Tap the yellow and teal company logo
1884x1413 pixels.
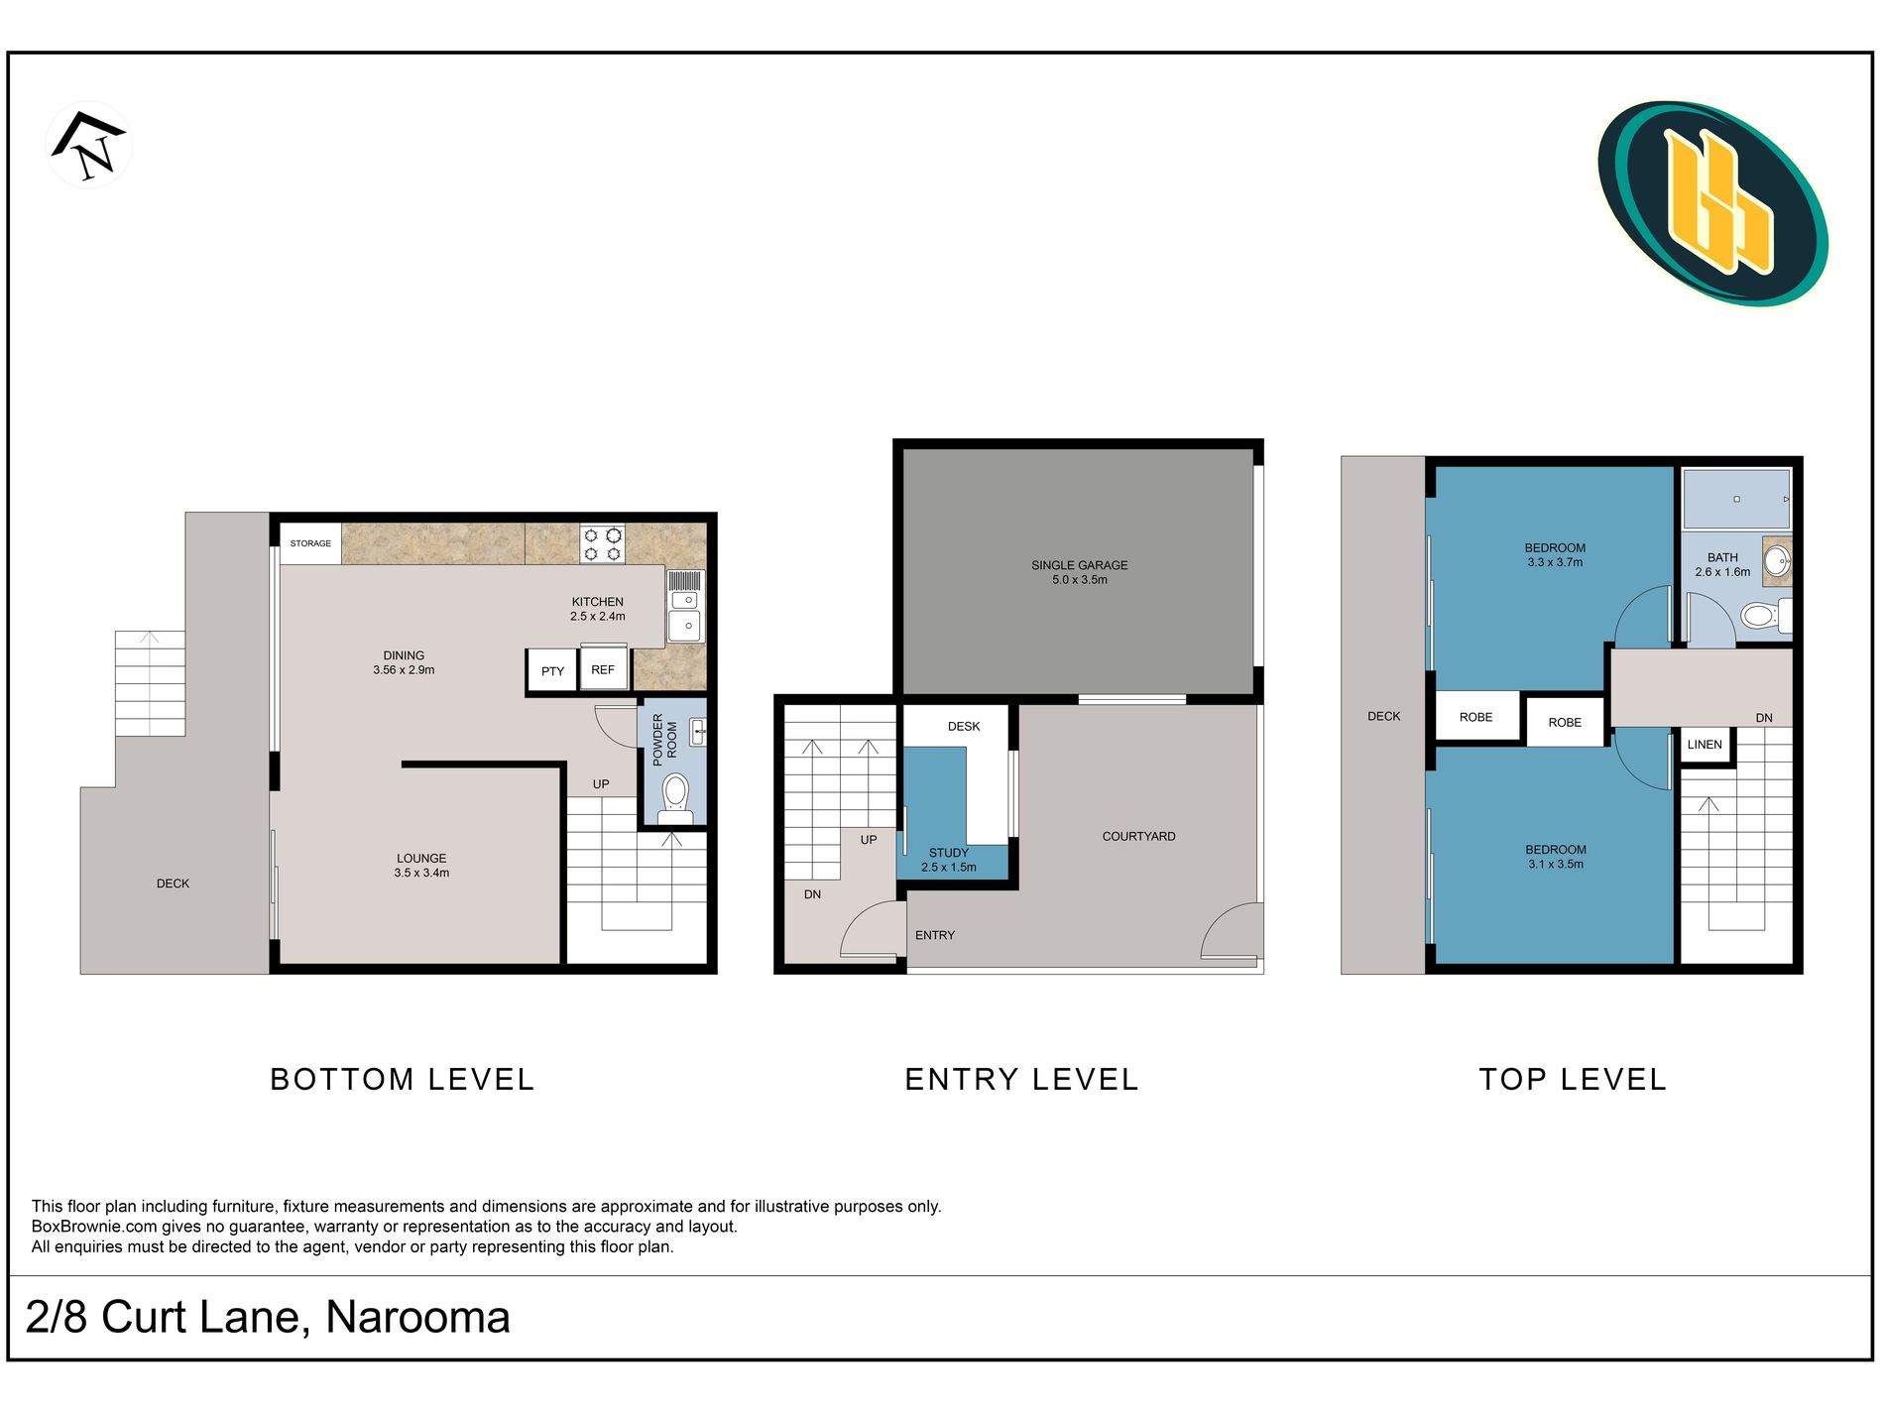pos(1712,203)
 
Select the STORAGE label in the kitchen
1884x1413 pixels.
pos(310,543)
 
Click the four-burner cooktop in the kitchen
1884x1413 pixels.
pos(602,544)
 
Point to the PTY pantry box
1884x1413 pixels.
pos(552,671)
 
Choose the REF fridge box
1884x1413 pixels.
pos(603,669)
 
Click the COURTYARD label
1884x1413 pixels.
pos(1138,836)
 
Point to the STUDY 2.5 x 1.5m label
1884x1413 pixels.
pos(949,860)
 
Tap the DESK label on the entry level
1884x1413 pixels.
pos(963,726)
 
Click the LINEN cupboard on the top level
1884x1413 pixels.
pos(1706,745)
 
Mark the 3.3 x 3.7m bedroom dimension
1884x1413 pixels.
pos(1555,562)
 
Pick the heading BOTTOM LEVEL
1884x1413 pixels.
pos(403,1079)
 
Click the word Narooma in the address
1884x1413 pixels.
pos(417,1317)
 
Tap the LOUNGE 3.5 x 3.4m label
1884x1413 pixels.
pos(421,866)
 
